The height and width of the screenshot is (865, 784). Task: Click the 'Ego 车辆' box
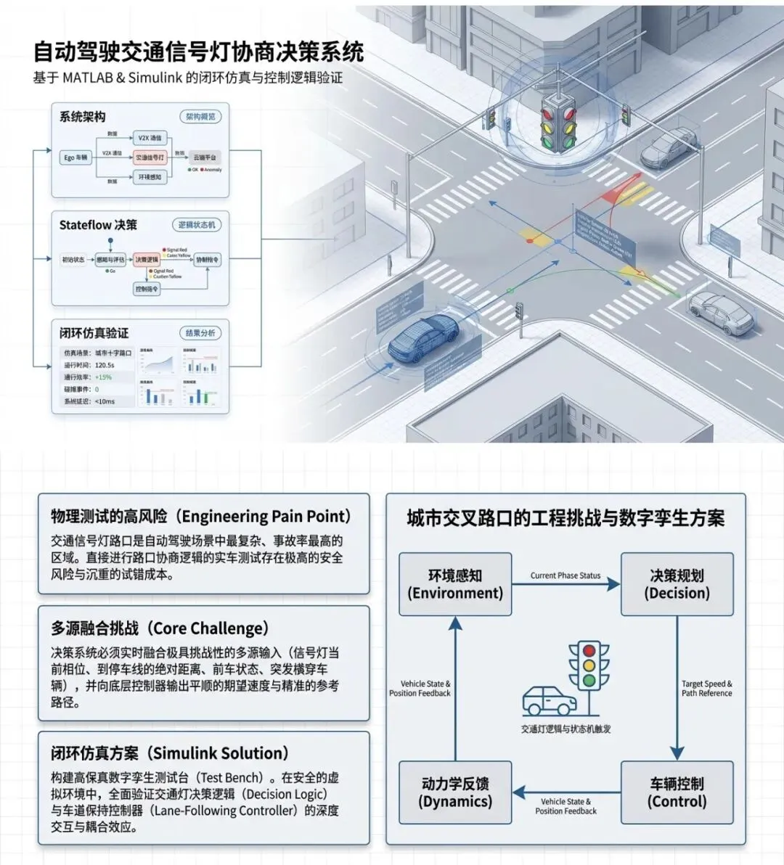(75, 157)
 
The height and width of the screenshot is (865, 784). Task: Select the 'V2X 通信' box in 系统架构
(150, 138)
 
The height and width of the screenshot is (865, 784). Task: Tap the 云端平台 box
(204, 157)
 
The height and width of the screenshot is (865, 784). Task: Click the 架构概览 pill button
(200, 117)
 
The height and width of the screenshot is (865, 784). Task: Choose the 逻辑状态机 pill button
(197, 225)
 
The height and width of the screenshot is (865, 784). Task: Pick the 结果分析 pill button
(200, 333)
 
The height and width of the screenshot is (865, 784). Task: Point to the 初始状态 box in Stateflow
(73, 259)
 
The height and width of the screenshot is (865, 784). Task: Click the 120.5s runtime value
(105, 365)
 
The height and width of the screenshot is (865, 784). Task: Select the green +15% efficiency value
(104, 377)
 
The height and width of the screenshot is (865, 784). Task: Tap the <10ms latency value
(105, 401)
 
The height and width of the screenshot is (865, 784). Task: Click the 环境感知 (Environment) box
(455, 584)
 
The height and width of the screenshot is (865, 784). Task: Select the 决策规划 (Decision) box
(677, 584)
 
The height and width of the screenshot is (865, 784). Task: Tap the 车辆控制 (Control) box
(677, 792)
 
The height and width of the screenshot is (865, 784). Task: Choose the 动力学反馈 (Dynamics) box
(455, 792)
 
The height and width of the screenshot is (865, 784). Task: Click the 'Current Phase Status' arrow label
(565, 575)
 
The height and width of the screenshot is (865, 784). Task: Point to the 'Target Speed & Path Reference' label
(706, 689)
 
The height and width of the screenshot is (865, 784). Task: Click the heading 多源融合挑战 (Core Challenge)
(160, 628)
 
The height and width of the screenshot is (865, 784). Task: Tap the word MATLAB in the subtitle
(88, 78)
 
